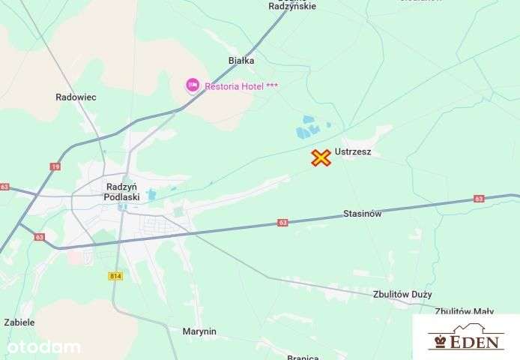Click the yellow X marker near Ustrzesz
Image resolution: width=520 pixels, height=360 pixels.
coord(321,157)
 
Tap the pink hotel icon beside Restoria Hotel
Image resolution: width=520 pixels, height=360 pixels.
coord(193,85)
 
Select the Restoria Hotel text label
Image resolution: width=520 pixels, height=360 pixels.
coord(241,86)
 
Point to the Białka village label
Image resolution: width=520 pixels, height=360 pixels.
coord(241,60)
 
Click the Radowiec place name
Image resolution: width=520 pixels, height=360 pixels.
coord(76,97)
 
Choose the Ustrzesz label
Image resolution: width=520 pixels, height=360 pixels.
coord(353,152)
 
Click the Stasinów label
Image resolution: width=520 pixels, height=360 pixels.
coord(363,214)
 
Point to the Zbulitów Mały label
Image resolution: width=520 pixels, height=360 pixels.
coord(464,311)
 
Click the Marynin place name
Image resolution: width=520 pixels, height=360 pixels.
coord(199,331)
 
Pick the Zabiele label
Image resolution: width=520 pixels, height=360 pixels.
coord(19,322)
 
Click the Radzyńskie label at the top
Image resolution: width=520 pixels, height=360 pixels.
coord(292,6)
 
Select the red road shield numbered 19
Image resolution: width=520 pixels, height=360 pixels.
coord(55,166)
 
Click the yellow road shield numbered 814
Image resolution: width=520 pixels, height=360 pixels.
coord(114,276)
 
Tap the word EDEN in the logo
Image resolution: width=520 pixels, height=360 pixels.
coord(474,342)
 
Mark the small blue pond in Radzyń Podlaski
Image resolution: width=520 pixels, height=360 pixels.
coord(151,194)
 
